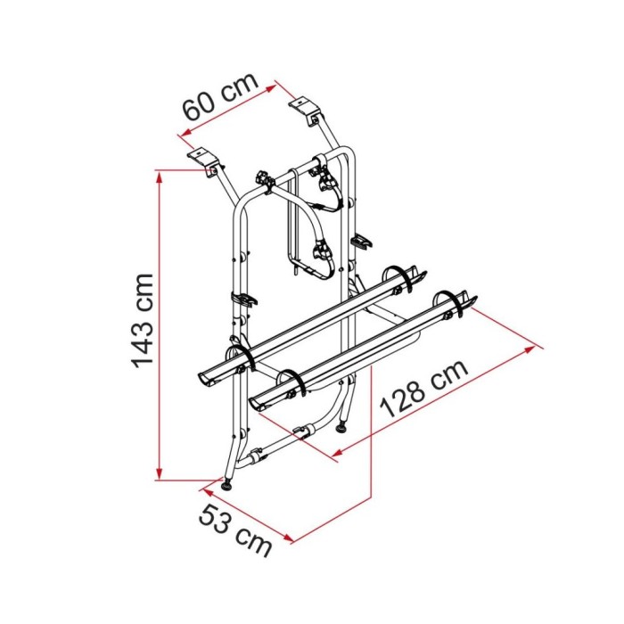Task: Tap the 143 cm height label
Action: click(142, 321)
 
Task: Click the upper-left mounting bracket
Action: click(204, 160)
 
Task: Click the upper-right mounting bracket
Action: click(304, 112)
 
